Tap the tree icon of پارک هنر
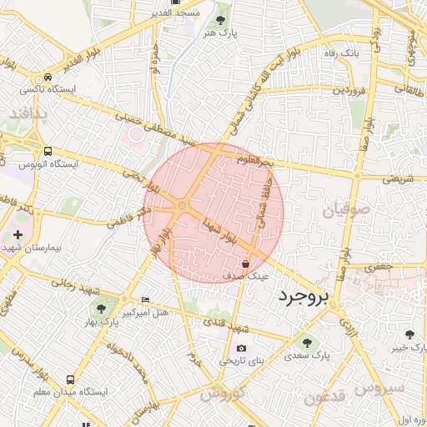(x=221, y=19)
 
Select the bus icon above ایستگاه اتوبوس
(x=48, y=152)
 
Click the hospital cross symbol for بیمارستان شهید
(x=18, y=235)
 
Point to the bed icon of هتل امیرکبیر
(x=146, y=300)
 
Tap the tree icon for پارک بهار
(x=101, y=309)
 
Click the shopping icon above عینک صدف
(x=244, y=262)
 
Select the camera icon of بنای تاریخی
(x=241, y=348)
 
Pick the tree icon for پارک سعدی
(x=306, y=341)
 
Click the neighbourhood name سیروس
(x=379, y=388)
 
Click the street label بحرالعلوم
(x=255, y=159)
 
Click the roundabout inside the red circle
(x=182, y=206)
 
